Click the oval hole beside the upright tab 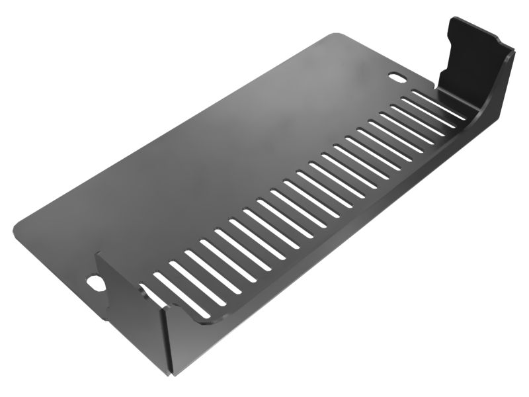click(x=398, y=77)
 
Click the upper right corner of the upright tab click(x=511, y=50)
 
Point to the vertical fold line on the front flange click(x=165, y=337)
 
